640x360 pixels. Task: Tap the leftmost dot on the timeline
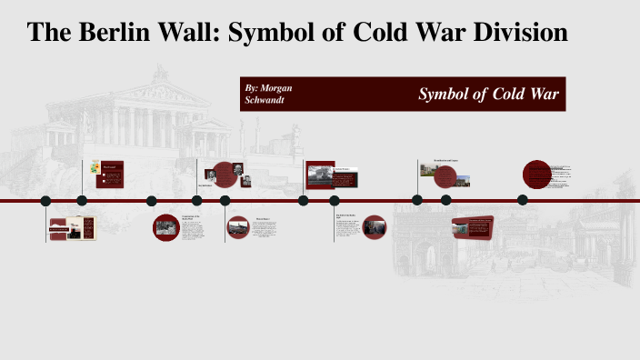(x=45, y=201)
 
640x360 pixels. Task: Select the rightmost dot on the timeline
(x=523, y=200)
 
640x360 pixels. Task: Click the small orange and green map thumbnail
(x=93, y=167)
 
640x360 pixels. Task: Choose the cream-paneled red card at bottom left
(x=73, y=228)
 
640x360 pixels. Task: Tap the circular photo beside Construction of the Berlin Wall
(x=166, y=227)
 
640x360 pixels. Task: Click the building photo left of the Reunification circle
(x=428, y=169)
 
